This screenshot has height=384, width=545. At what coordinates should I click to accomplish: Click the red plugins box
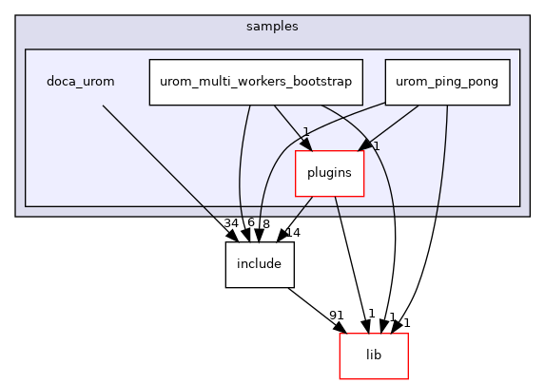coord(330,173)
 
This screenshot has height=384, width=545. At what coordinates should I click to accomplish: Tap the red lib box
coord(374,355)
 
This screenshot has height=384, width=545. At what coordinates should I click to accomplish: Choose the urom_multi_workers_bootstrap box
coord(256,82)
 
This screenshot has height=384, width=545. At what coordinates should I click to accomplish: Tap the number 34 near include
coord(231,223)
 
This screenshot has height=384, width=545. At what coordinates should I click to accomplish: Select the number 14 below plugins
coord(291,232)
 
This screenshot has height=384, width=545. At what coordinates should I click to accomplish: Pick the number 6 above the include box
coord(251,223)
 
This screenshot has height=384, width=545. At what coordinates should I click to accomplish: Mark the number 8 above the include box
coord(265,224)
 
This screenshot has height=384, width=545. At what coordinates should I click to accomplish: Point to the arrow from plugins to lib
coord(350,257)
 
